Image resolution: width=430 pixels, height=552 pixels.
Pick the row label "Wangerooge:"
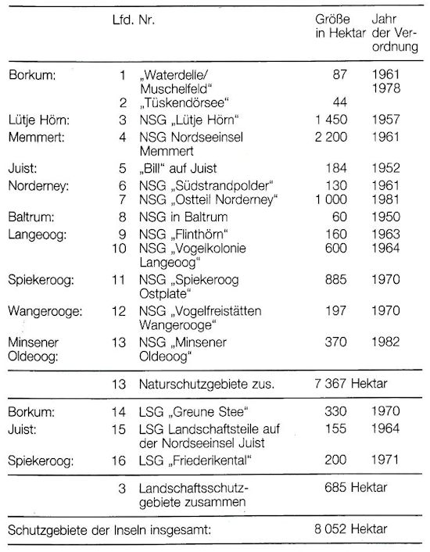[44, 311]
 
